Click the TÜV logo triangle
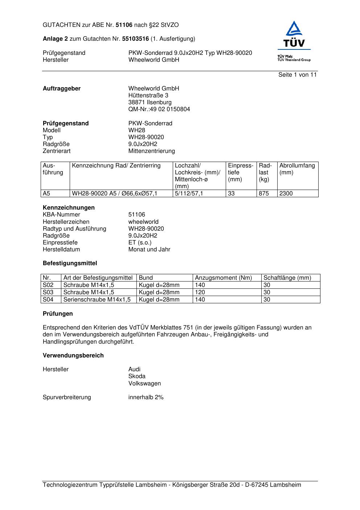(294, 29)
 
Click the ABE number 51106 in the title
(124, 25)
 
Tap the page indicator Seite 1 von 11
(297, 75)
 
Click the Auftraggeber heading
(62, 89)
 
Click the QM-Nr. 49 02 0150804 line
(159, 109)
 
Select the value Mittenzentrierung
(151, 151)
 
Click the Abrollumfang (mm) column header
(297, 169)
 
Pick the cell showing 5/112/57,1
(189, 194)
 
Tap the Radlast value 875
(263, 194)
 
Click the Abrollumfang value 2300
(286, 194)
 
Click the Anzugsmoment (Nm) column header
(223, 278)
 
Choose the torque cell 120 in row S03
(200, 292)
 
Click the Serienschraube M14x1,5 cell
(97, 300)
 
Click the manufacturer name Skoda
(137, 376)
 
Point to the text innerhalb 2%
(146, 397)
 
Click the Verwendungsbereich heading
(73, 356)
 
